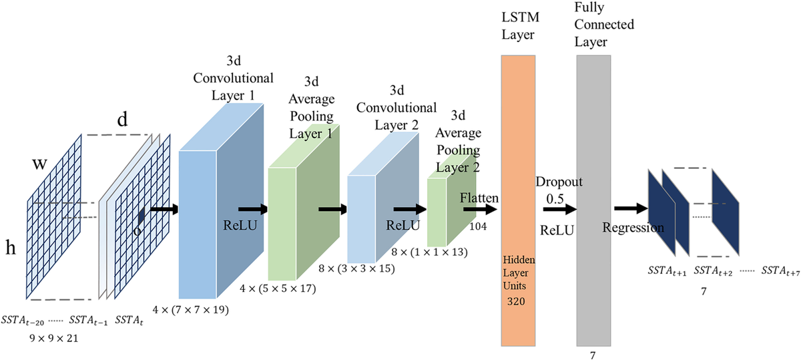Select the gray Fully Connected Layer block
593,200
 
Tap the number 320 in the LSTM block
517,302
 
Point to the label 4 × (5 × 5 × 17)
278,289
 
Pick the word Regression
633,228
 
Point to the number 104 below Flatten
479,227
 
